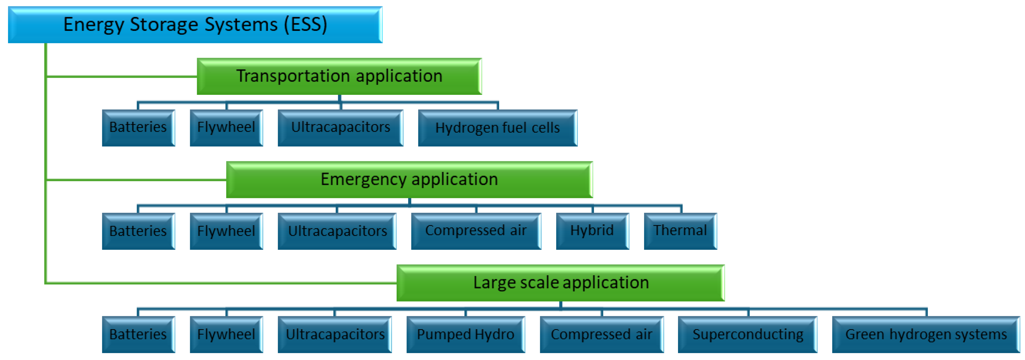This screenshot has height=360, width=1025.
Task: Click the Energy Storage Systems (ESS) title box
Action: [195, 25]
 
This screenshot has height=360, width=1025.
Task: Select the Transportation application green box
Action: [339, 76]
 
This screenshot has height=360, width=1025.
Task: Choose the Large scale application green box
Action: [560, 283]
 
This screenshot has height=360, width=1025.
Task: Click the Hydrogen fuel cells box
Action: [497, 128]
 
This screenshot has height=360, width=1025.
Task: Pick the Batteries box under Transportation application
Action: [138, 128]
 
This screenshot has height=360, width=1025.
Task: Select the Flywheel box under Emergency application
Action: [226, 231]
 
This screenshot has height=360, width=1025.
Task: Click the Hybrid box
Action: [592, 231]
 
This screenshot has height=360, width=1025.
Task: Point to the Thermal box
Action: [680, 231]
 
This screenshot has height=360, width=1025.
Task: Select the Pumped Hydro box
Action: [465, 335]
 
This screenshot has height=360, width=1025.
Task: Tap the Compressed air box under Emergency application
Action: [476, 231]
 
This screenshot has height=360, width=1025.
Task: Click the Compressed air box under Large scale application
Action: [601, 335]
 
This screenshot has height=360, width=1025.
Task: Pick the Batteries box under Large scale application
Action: [138, 335]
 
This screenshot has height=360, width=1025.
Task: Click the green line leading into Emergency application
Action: [135, 180]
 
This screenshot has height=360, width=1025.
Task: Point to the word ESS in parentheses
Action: [306, 25]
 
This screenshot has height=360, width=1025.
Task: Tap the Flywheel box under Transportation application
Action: [226, 128]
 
